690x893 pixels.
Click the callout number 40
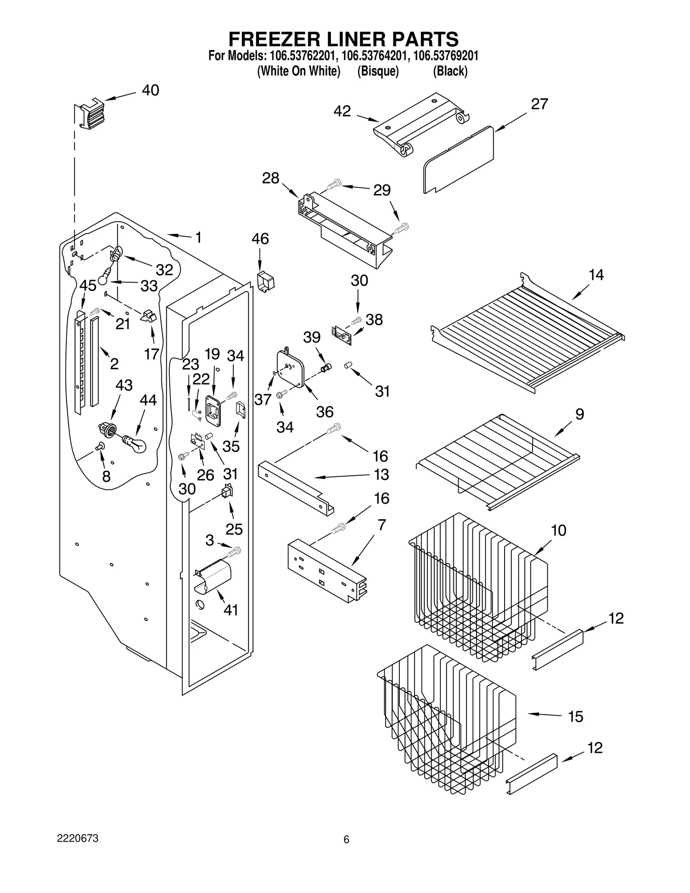[151, 90]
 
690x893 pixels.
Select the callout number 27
[539, 104]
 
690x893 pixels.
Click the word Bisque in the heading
[378, 71]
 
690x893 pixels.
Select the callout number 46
[260, 239]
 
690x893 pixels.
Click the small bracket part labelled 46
[266, 282]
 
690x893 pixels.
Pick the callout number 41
[231, 610]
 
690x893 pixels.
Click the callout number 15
[575, 717]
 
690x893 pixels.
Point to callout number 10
[559, 530]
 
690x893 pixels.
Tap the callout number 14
[596, 275]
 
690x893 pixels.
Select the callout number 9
[580, 414]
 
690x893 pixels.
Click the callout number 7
[381, 525]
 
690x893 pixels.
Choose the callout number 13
[381, 475]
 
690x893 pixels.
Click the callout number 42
[342, 111]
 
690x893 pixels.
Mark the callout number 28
[271, 178]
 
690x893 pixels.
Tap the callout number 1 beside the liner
[198, 237]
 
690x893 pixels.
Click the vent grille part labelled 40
[90, 113]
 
